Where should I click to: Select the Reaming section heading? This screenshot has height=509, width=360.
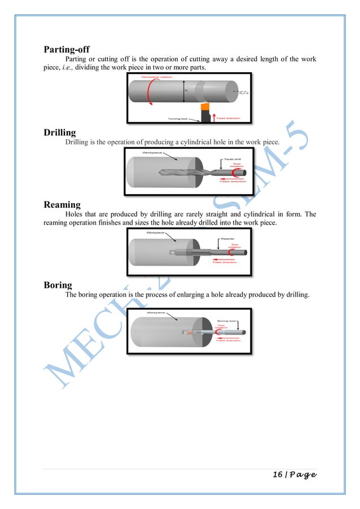tap(62, 204)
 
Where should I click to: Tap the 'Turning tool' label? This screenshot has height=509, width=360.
tap(181, 119)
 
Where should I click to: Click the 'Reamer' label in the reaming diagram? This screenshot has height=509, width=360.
tap(227, 239)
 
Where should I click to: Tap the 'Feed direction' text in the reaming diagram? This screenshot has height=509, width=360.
tap(225, 262)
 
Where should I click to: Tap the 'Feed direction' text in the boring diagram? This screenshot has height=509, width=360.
tap(228, 340)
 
